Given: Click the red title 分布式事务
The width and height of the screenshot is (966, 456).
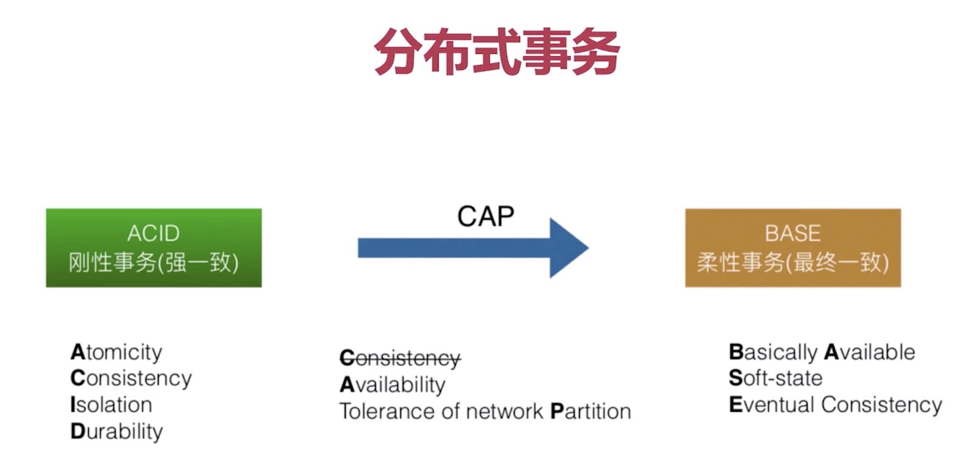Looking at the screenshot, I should coord(496,51).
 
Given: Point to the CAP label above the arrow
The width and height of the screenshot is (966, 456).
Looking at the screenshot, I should coord(485,217).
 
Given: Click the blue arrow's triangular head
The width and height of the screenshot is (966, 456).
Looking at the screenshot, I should coord(567,248).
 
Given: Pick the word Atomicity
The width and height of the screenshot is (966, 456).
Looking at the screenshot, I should coord(116,352).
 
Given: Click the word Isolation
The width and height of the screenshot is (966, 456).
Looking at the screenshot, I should coord(111,405).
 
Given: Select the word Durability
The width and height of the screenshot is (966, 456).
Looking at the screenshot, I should coord(116,432).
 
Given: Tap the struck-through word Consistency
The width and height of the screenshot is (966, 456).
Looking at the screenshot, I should coord(400,358).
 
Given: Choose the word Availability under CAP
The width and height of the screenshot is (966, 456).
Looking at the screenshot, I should coord(392,385).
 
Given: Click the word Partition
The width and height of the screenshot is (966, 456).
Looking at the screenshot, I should coord(590,411).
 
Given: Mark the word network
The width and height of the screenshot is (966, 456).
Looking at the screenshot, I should coord(504,411).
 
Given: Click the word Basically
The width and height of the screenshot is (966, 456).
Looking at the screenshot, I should coord(773,352).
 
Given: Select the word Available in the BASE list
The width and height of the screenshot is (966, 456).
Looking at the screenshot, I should coord(869,352).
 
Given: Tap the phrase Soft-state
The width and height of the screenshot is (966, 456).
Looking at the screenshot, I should coord(775,378).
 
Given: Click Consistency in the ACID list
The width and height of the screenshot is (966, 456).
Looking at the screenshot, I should coord(131,379).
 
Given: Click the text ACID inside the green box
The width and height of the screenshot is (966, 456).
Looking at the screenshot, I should coord(153,233).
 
